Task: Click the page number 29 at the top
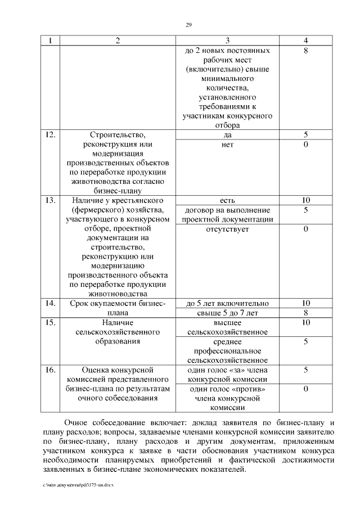(189, 24)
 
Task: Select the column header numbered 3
(228, 40)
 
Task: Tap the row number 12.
(49, 135)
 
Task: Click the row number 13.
(49, 200)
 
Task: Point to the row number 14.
(49, 304)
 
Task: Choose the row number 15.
(49, 323)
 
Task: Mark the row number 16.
(49, 370)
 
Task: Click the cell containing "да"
(228, 135)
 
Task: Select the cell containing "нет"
(228, 145)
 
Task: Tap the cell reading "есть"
(228, 200)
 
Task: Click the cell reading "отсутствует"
(228, 229)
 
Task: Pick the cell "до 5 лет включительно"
(228, 304)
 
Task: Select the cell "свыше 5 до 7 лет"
(228, 313)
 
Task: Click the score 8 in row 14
(306, 313)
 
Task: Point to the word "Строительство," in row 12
(118, 135)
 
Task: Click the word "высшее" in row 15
(228, 323)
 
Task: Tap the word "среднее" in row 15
(228, 341)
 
